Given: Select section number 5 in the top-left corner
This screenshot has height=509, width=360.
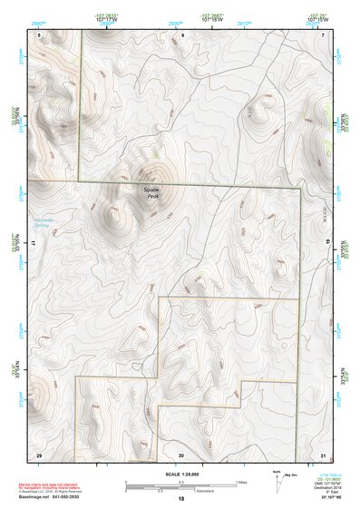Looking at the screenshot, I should tap(39, 35).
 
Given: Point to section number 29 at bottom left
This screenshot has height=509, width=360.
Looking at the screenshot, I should tap(39, 454).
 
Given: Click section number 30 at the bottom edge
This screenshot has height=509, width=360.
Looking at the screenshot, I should tap(181, 454).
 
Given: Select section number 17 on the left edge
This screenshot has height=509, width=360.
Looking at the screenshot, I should tap(33, 245).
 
